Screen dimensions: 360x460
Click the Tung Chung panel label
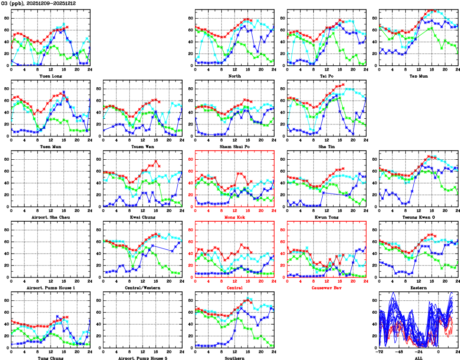[x=51, y=358]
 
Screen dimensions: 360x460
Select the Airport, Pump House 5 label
[x=143, y=358]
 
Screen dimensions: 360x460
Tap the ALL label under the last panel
[x=419, y=358]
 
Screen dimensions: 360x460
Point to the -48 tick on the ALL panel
[x=399, y=352]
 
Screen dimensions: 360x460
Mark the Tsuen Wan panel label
[x=143, y=146]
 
